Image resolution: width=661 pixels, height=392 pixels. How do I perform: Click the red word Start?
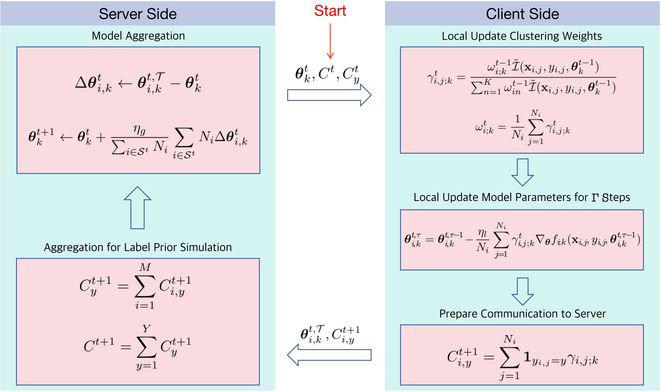click(330, 11)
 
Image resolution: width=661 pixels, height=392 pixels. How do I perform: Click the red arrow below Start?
click(330, 41)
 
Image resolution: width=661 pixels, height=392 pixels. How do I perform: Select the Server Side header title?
click(138, 14)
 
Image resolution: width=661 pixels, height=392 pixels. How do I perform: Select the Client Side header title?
click(522, 14)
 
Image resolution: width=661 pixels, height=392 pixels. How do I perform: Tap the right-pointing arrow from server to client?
click(329, 95)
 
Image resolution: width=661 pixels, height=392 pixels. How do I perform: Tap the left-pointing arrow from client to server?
click(329, 355)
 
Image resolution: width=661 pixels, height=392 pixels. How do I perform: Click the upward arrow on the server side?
click(138, 208)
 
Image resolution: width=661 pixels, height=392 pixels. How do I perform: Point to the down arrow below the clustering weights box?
click(523, 172)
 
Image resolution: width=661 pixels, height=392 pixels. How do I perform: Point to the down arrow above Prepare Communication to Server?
click(523, 291)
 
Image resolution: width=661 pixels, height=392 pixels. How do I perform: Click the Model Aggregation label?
click(138, 36)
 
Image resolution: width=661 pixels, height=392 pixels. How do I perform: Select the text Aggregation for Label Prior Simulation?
click(138, 247)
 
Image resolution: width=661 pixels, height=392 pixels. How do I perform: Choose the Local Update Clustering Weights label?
click(521, 36)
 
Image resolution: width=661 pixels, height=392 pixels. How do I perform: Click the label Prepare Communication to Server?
click(522, 314)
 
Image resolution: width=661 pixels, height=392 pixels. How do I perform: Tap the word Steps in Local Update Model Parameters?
click(616, 197)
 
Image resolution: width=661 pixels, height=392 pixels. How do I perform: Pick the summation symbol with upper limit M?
click(145, 286)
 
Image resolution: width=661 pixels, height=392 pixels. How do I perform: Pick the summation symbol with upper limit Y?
click(147, 347)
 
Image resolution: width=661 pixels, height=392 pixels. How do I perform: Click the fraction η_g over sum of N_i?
click(140, 140)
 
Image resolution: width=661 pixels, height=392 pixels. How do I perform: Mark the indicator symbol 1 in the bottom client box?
click(527, 357)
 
